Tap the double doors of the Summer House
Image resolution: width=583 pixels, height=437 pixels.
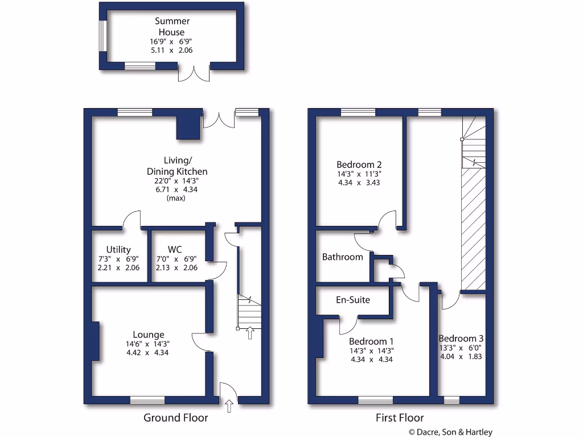tap(194, 72)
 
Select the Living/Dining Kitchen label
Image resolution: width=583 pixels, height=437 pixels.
tap(177, 166)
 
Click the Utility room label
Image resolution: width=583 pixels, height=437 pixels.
tap(118, 249)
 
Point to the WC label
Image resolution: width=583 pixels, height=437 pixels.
tap(175, 249)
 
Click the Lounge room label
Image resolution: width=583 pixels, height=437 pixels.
tap(149, 335)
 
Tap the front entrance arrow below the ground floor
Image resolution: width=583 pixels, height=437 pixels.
tap(229, 406)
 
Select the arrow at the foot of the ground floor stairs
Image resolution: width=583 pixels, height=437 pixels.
tap(249, 333)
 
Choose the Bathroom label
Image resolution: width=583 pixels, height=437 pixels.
tap(342, 257)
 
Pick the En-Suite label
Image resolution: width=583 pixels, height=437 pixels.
tap(353, 299)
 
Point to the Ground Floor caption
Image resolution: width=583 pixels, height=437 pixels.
tap(175, 418)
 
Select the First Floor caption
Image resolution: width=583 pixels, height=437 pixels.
tap(400, 418)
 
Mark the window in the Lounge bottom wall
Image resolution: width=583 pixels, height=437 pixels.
tap(147, 401)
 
